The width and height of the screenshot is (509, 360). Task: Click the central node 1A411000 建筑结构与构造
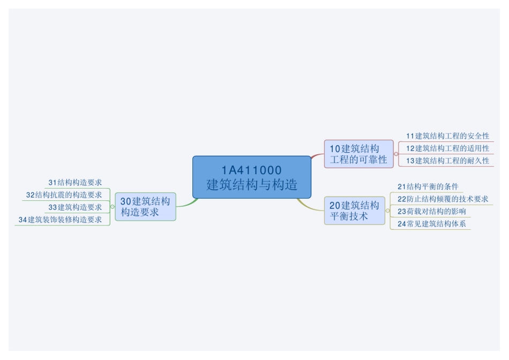tap(251, 178)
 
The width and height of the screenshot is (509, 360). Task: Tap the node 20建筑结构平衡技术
tap(354, 211)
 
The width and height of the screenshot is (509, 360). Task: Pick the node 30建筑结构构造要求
tap(145, 207)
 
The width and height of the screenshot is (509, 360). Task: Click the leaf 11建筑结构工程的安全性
tap(447, 136)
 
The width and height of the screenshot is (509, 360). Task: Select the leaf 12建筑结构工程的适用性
tap(447, 148)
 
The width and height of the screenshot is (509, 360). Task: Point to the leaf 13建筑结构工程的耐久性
tap(447, 161)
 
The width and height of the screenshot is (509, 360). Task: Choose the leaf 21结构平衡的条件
tap(428, 187)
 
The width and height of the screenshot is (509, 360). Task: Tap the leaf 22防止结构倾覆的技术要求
tap(443, 199)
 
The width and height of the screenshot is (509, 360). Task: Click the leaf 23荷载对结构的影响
tap(431, 212)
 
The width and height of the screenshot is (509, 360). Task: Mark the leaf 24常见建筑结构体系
tap(431, 224)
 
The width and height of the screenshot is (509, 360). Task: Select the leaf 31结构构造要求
tap(75, 183)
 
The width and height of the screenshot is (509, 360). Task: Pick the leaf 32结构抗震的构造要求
tap(64, 195)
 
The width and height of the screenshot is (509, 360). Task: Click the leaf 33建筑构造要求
tap(75, 207)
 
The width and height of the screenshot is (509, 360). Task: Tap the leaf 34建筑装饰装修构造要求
tap(60, 220)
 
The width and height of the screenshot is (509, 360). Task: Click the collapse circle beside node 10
tap(396, 154)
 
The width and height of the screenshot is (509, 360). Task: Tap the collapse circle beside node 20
tap(387, 211)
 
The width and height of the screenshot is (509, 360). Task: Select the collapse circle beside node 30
tap(112, 207)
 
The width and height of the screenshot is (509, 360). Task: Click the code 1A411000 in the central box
tap(251, 170)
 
